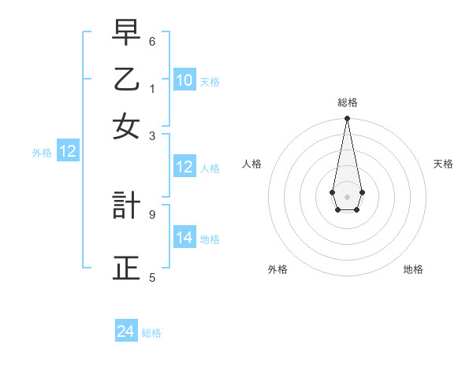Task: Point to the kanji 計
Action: (126, 205)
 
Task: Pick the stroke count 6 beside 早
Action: (152, 41)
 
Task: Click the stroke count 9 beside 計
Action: (152, 213)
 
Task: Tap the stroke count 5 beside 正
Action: (152, 276)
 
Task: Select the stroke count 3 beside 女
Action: (152, 135)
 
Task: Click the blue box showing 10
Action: (184, 80)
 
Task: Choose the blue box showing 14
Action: (184, 238)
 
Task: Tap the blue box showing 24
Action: (125, 331)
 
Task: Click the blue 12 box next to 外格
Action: (68, 152)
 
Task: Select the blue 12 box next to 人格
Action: (184, 167)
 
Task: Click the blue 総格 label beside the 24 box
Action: (151, 333)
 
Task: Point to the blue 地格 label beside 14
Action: (210, 239)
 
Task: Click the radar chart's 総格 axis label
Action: (347, 102)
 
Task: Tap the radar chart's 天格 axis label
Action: (443, 164)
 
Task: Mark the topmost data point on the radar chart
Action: (347, 119)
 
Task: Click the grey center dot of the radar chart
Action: (347, 196)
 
